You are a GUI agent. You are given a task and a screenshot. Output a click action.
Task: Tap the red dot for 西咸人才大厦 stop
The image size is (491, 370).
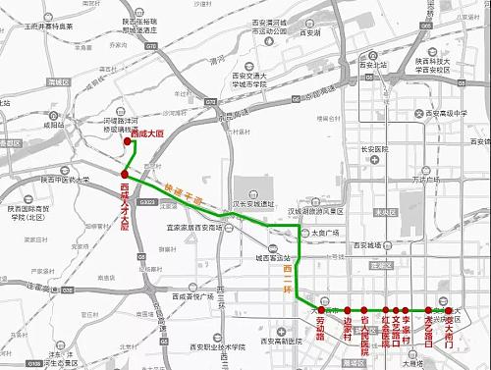[x=125, y=176]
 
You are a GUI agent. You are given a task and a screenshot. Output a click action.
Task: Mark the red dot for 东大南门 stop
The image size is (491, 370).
[x=449, y=309]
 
